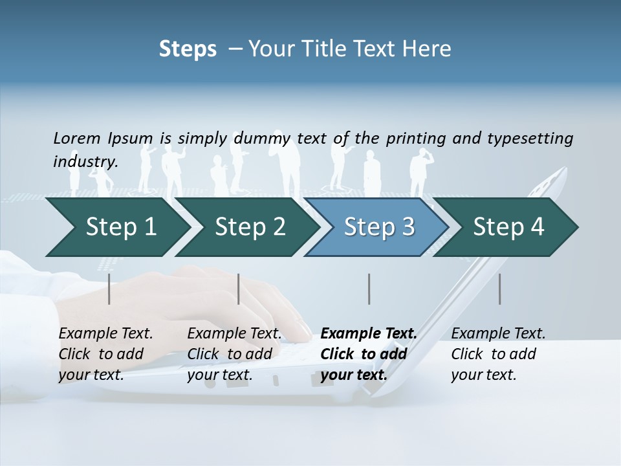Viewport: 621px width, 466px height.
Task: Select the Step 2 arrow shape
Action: pyautogui.click(x=250, y=227)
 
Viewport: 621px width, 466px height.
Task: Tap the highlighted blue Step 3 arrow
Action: pyautogui.click(x=379, y=227)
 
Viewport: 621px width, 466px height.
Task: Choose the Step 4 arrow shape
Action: pyautogui.click(x=508, y=227)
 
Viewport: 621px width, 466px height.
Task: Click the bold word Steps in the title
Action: pyautogui.click(x=188, y=49)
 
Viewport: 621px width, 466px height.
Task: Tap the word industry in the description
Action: pyautogui.click(x=85, y=161)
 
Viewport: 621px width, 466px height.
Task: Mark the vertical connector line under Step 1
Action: pyautogui.click(x=109, y=289)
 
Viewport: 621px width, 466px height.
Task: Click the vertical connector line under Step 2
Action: pyautogui.click(x=239, y=289)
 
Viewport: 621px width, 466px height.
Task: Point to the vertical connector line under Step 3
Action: pyautogui.click(x=369, y=289)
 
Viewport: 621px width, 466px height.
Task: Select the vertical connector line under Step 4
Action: pyautogui.click(x=499, y=289)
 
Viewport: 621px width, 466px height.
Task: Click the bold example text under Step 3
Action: pyautogui.click(x=368, y=354)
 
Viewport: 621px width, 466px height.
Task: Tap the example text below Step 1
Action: pyautogui.click(x=105, y=354)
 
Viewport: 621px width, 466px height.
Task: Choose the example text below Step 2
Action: pyautogui.click(x=234, y=354)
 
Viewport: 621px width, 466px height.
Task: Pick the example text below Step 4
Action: pyautogui.click(x=498, y=354)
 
